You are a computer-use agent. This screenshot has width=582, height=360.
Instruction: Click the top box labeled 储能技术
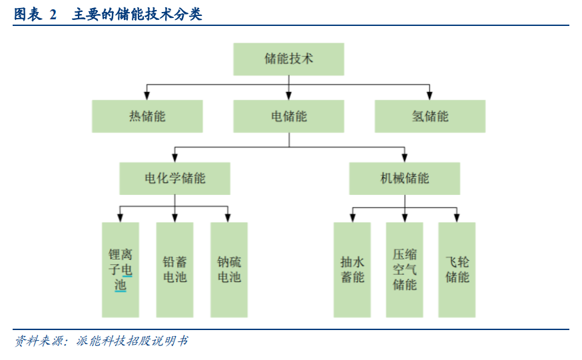[x=288, y=59]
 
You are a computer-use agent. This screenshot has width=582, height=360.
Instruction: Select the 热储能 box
[x=147, y=116]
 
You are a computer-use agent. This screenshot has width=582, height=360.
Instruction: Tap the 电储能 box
[x=288, y=116]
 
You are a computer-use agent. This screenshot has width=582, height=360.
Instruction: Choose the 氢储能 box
[x=430, y=116]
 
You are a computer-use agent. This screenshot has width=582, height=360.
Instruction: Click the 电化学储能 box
[x=175, y=178]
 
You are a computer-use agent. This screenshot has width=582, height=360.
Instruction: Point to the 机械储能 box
[x=405, y=178]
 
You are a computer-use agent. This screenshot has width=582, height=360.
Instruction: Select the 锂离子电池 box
[x=121, y=270]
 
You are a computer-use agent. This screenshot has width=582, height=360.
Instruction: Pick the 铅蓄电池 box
[x=175, y=270]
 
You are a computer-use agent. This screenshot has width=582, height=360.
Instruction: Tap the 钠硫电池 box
[x=229, y=270]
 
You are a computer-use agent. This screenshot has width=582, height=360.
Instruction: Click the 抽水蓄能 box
[x=352, y=270]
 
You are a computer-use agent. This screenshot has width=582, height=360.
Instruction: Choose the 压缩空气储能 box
[x=405, y=270]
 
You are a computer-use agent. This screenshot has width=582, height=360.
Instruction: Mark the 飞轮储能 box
[x=457, y=270]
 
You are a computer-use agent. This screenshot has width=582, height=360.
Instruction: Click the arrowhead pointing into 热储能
[x=147, y=95]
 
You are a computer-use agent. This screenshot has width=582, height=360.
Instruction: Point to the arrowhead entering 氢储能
[x=430, y=95]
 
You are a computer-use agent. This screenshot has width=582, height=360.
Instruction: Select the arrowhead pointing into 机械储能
[x=405, y=158]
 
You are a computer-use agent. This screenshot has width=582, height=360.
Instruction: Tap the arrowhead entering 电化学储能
[x=175, y=158]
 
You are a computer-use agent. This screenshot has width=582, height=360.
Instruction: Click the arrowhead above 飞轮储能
[x=457, y=218]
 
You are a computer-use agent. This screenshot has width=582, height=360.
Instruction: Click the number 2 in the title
[x=53, y=15]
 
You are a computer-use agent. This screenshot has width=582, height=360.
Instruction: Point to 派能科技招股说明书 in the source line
[x=132, y=341]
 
